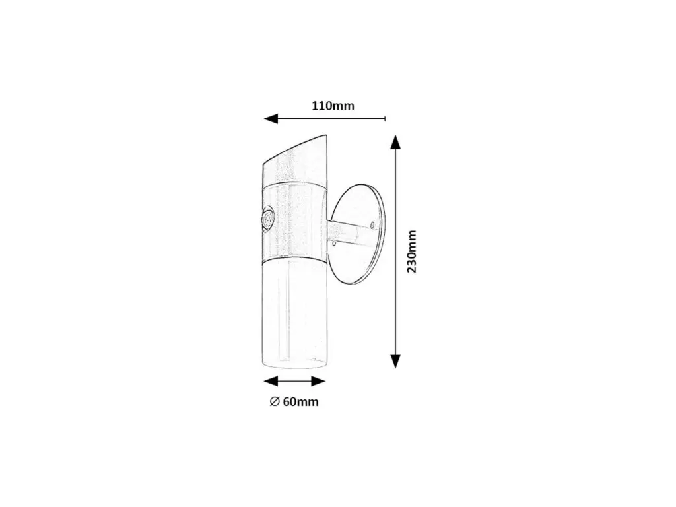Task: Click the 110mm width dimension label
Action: coord(333,106)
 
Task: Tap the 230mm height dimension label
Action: coord(412,252)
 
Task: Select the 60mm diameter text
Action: coord(301,402)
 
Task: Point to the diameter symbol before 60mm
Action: coord(275,402)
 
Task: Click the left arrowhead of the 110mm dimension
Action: coord(271,118)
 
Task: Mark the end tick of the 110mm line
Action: coord(385,119)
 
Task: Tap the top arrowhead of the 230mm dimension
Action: coord(395,142)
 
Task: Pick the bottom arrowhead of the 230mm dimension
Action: coord(395,361)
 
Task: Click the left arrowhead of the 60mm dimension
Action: coord(271,381)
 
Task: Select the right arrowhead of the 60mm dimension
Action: coord(318,381)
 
